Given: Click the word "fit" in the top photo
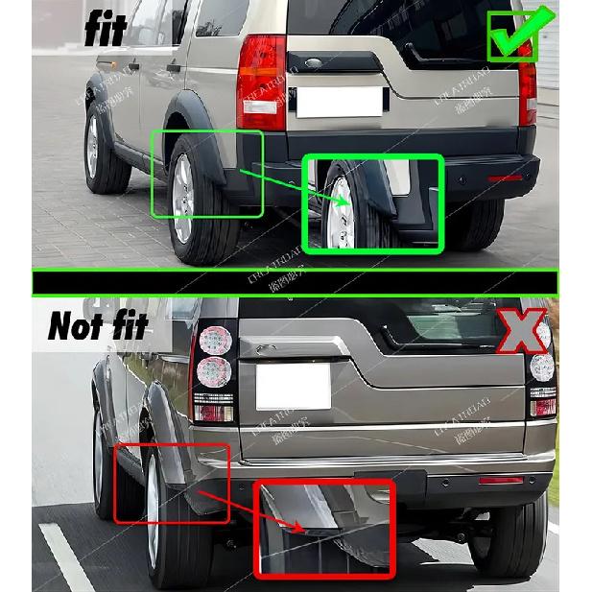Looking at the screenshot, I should click(x=106, y=29).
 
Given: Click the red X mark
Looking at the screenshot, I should click(x=521, y=331).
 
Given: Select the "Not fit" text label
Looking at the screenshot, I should click(x=99, y=326).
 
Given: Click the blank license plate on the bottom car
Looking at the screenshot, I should click(x=293, y=387).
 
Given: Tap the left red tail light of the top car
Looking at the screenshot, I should click(x=261, y=83).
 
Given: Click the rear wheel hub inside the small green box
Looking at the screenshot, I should click(x=181, y=198).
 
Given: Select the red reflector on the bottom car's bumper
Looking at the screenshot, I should click(x=501, y=479).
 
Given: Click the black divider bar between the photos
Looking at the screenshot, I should click(x=295, y=282).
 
